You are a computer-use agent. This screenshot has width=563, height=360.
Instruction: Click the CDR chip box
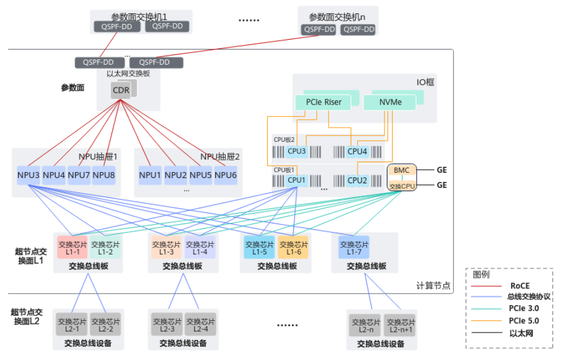121,90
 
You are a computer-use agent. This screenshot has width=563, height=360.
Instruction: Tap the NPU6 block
225,175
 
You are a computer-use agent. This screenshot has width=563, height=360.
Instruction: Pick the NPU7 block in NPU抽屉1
79,175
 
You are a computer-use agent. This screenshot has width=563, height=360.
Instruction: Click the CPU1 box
296,180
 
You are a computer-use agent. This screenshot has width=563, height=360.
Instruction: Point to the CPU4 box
357,151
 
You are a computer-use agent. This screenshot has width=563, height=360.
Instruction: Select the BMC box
401,170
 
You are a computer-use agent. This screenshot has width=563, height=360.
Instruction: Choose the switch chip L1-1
72,248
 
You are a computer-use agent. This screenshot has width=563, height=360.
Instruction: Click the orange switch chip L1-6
293,248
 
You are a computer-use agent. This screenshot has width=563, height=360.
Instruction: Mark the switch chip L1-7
354,248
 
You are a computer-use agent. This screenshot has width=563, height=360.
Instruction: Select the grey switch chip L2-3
167,325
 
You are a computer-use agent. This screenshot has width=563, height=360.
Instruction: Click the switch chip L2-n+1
400,325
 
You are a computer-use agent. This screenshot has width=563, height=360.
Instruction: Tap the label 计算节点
433,286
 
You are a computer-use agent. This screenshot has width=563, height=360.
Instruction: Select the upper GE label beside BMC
442,170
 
